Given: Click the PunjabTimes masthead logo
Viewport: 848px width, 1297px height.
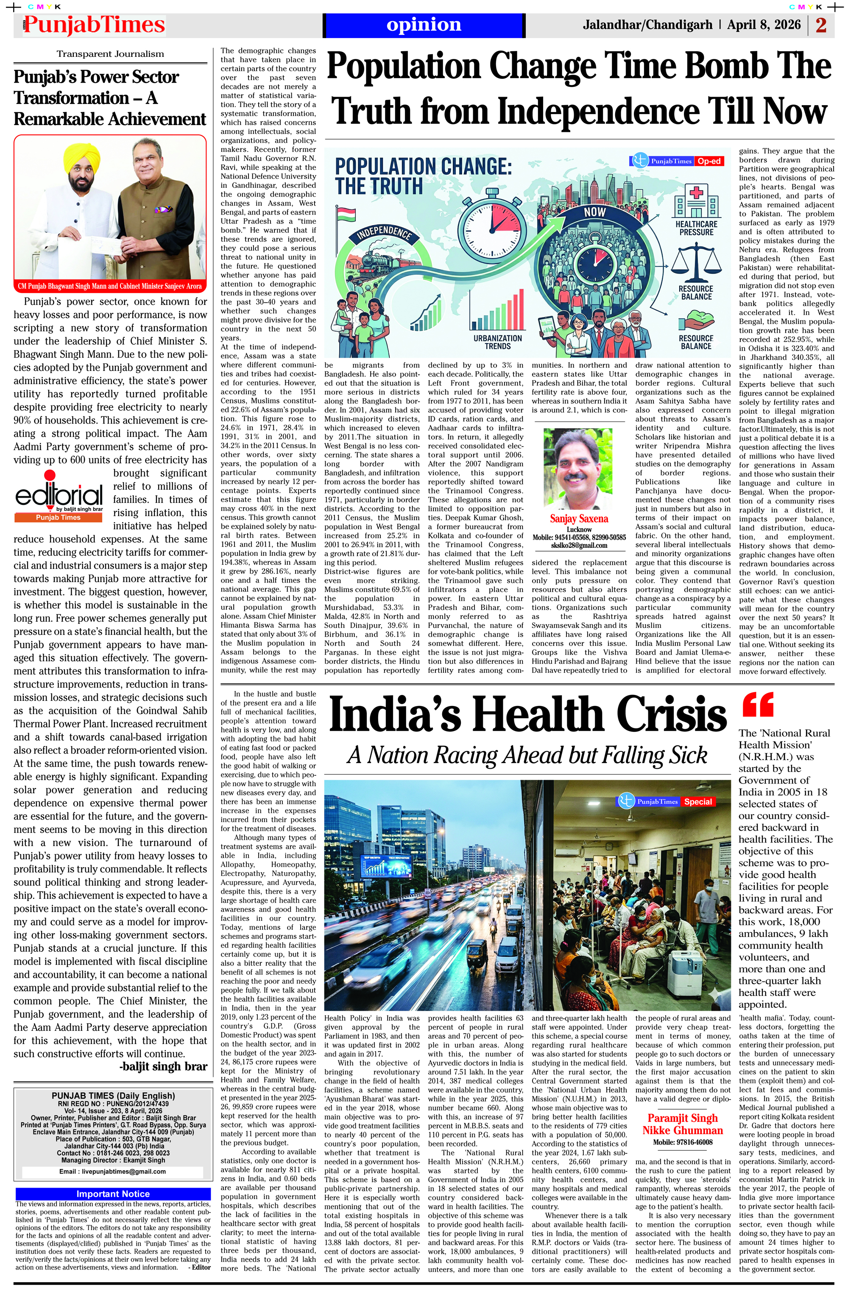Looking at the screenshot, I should [94, 25].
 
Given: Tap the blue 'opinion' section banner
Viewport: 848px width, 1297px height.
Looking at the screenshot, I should [424, 25].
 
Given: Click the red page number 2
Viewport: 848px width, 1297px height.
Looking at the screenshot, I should [821, 25].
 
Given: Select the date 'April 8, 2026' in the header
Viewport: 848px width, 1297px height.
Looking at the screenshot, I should [764, 25].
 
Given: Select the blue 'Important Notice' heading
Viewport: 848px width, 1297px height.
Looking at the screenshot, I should [113, 1194].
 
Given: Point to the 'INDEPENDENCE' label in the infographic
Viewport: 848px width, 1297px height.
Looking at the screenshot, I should [384, 233].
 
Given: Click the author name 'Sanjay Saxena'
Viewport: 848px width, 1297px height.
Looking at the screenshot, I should [579, 518].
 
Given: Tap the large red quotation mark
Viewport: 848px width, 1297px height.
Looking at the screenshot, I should [758, 704].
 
